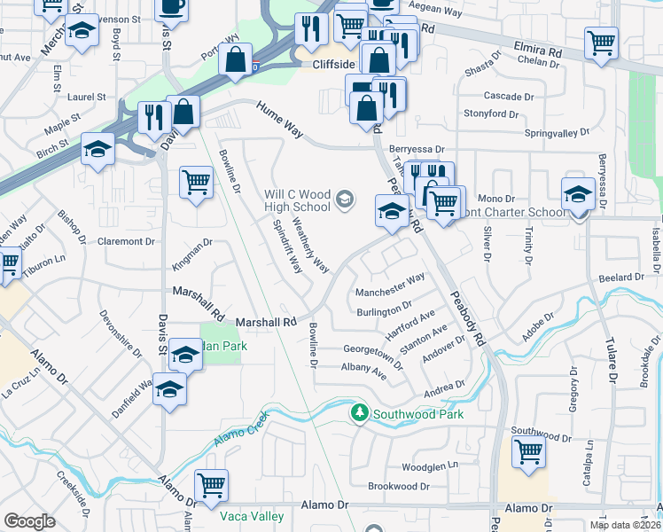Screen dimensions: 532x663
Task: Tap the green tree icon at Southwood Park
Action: [359, 413]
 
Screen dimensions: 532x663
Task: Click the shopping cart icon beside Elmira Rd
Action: [601, 42]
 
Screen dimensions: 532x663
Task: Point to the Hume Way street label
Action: [280, 119]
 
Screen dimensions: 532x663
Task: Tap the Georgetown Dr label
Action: [372, 356]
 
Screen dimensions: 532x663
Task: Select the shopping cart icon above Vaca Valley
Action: [211, 485]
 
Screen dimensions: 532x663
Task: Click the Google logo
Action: [29, 521]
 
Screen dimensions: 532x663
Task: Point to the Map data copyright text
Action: [624, 525]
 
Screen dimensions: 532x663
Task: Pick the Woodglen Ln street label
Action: [430, 465]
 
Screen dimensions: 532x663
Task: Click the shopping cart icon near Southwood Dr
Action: [529, 451]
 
